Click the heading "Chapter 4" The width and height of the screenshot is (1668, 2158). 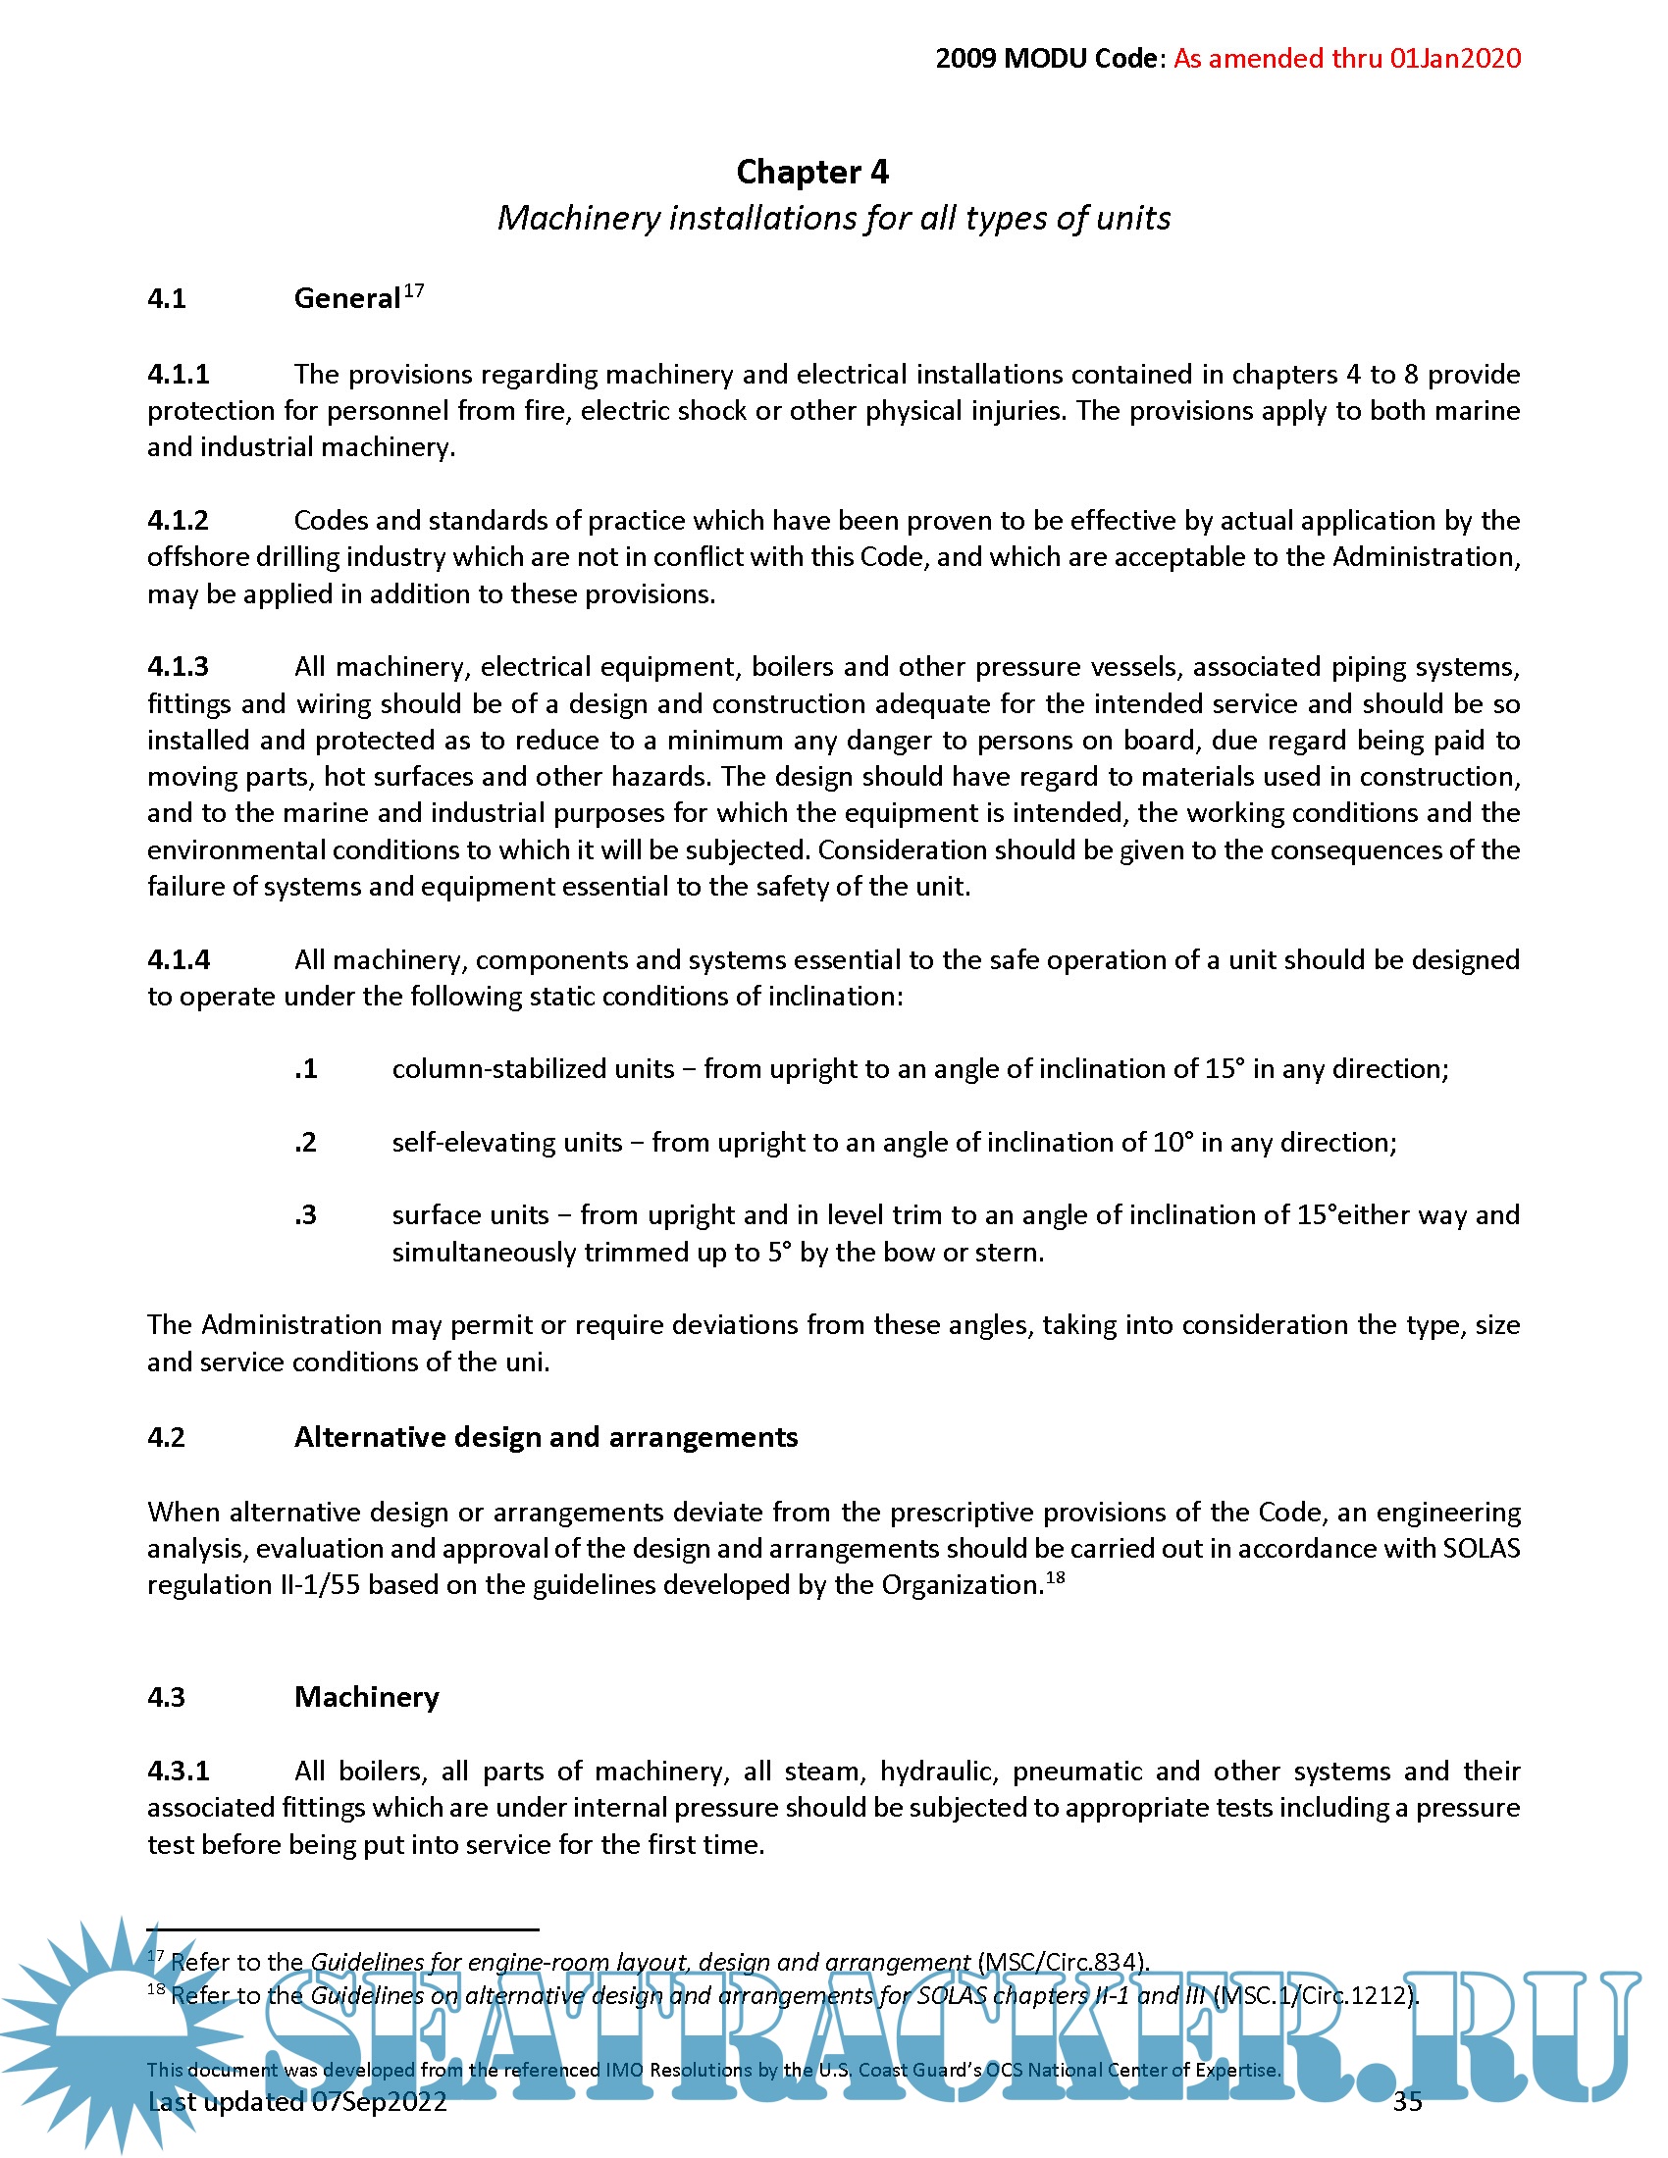tap(812, 172)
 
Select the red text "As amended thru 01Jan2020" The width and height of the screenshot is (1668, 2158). tap(1347, 58)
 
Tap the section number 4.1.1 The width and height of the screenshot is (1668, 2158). tap(179, 375)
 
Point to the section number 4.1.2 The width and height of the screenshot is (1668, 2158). tap(179, 521)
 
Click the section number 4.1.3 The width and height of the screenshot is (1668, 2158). tap(179, 667)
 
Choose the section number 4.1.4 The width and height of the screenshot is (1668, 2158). tap(179, 959)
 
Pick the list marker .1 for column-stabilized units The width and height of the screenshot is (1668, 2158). tap(306, 1069)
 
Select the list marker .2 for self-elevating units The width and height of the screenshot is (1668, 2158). tap(306, 1142)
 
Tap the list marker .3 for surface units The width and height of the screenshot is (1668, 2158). tap(306, 1215)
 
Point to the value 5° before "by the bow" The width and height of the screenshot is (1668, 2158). tap(780, 1253)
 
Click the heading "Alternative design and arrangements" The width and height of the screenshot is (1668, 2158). tap(546, 1437)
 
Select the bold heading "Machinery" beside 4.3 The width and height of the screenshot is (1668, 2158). tap(367, 1697)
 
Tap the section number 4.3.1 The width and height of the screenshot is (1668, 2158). tap(179, 1771)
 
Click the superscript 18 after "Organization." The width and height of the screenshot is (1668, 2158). tap(1056, 1577)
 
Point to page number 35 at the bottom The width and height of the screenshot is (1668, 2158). tap(1407, 2102)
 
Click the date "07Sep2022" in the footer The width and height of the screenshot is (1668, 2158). tap(380, 2102)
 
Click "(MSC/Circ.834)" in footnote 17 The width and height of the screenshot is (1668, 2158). tap(1064, 1962)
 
